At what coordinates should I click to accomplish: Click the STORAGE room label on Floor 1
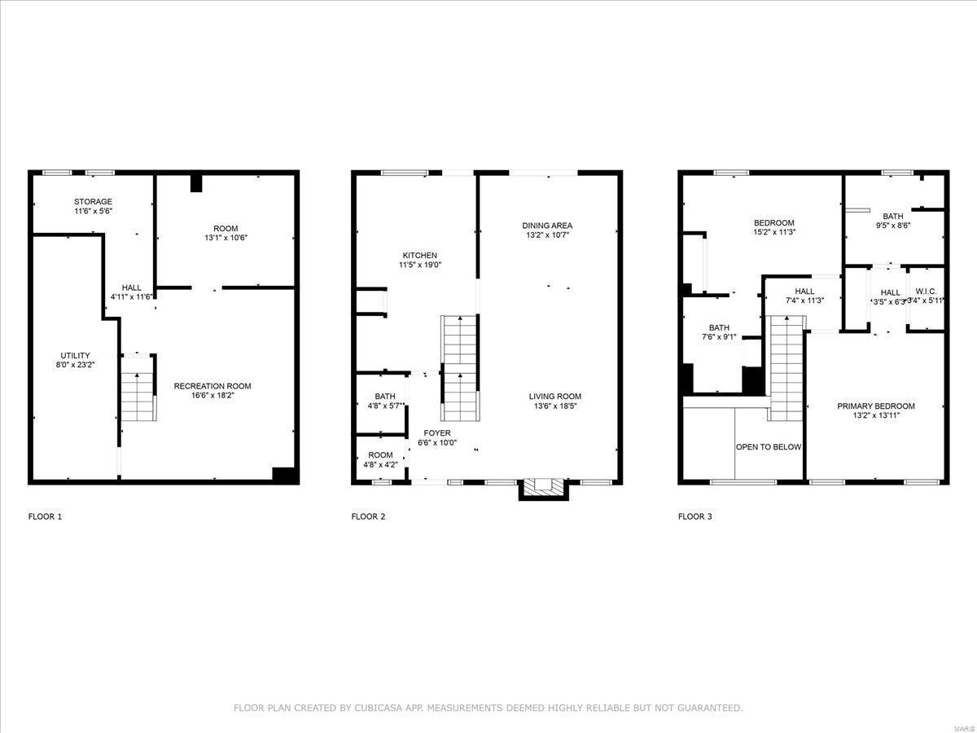[93, 201]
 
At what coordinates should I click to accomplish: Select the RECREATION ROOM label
[212, 386]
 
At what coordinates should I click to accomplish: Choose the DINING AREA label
[547, 226]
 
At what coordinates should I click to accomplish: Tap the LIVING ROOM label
[558, 397]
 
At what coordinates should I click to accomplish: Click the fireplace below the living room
[543, 487]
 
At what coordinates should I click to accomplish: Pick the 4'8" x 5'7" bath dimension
[385, 406]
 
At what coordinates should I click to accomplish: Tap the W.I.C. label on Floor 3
[926, 291]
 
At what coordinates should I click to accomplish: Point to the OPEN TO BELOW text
[769, 447]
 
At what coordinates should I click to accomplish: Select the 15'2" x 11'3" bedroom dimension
[773, 231]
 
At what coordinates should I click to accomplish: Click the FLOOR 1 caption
[45, 516]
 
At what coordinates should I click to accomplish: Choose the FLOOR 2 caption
[368, 516]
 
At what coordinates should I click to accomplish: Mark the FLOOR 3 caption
[695, 516]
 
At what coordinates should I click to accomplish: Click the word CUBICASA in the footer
[376, 708]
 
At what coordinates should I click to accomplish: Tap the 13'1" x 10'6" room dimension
[226, 238]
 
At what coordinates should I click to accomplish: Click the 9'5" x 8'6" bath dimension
[892, 226]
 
